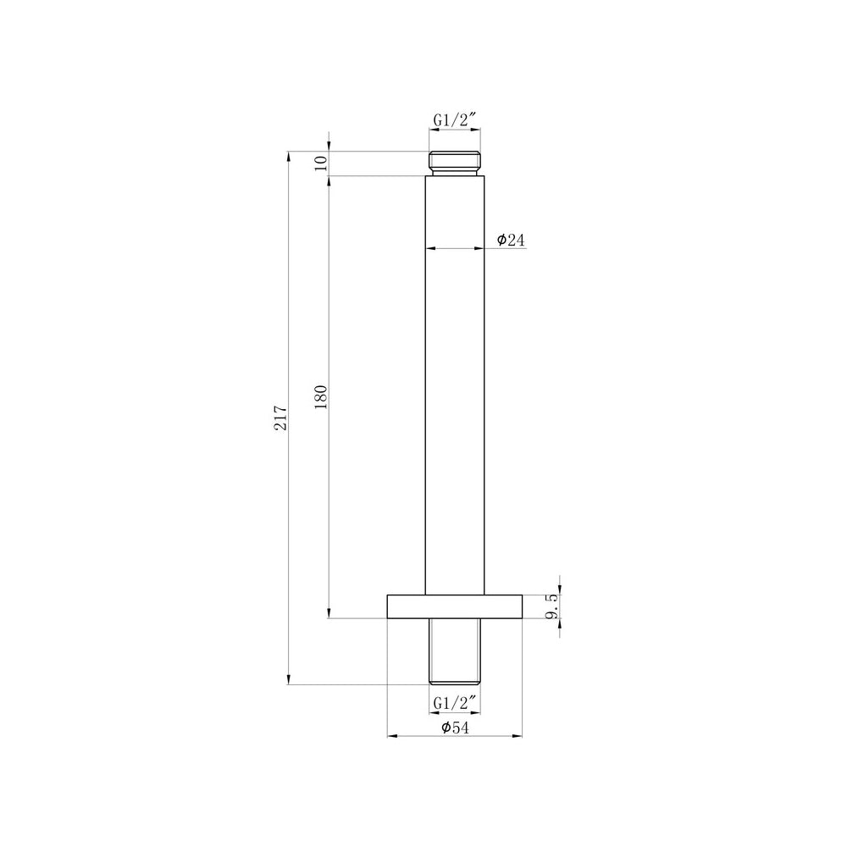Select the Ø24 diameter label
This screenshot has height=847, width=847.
pyautogui.click(x=512, y=241)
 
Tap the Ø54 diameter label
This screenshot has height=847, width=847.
pyautogui.click(x=456, y=728)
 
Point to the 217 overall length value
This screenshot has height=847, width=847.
pyautogui.click(x=281, y=418)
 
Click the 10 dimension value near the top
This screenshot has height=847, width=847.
pyautogui.click(x=320, y=163)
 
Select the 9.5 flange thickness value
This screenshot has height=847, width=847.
pyautogui.click(x=551, y=606)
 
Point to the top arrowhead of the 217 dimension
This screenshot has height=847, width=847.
pyautogui.click(x=289, y=157)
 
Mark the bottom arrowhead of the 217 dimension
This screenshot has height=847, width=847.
pyautogui.click(x=289, y=679)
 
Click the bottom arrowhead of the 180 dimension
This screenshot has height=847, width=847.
pyautogui.click(x=329, y=613)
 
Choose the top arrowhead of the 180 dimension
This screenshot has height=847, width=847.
pyautogui.click(x=329, y=181)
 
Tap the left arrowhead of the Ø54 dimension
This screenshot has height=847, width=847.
pyautogui.click(x=392, y=736)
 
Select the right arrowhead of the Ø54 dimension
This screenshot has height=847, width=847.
pyautogui.click(x=519, y=736)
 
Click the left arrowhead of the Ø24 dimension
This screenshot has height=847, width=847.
pyautogui.click(x=429, y=249)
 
